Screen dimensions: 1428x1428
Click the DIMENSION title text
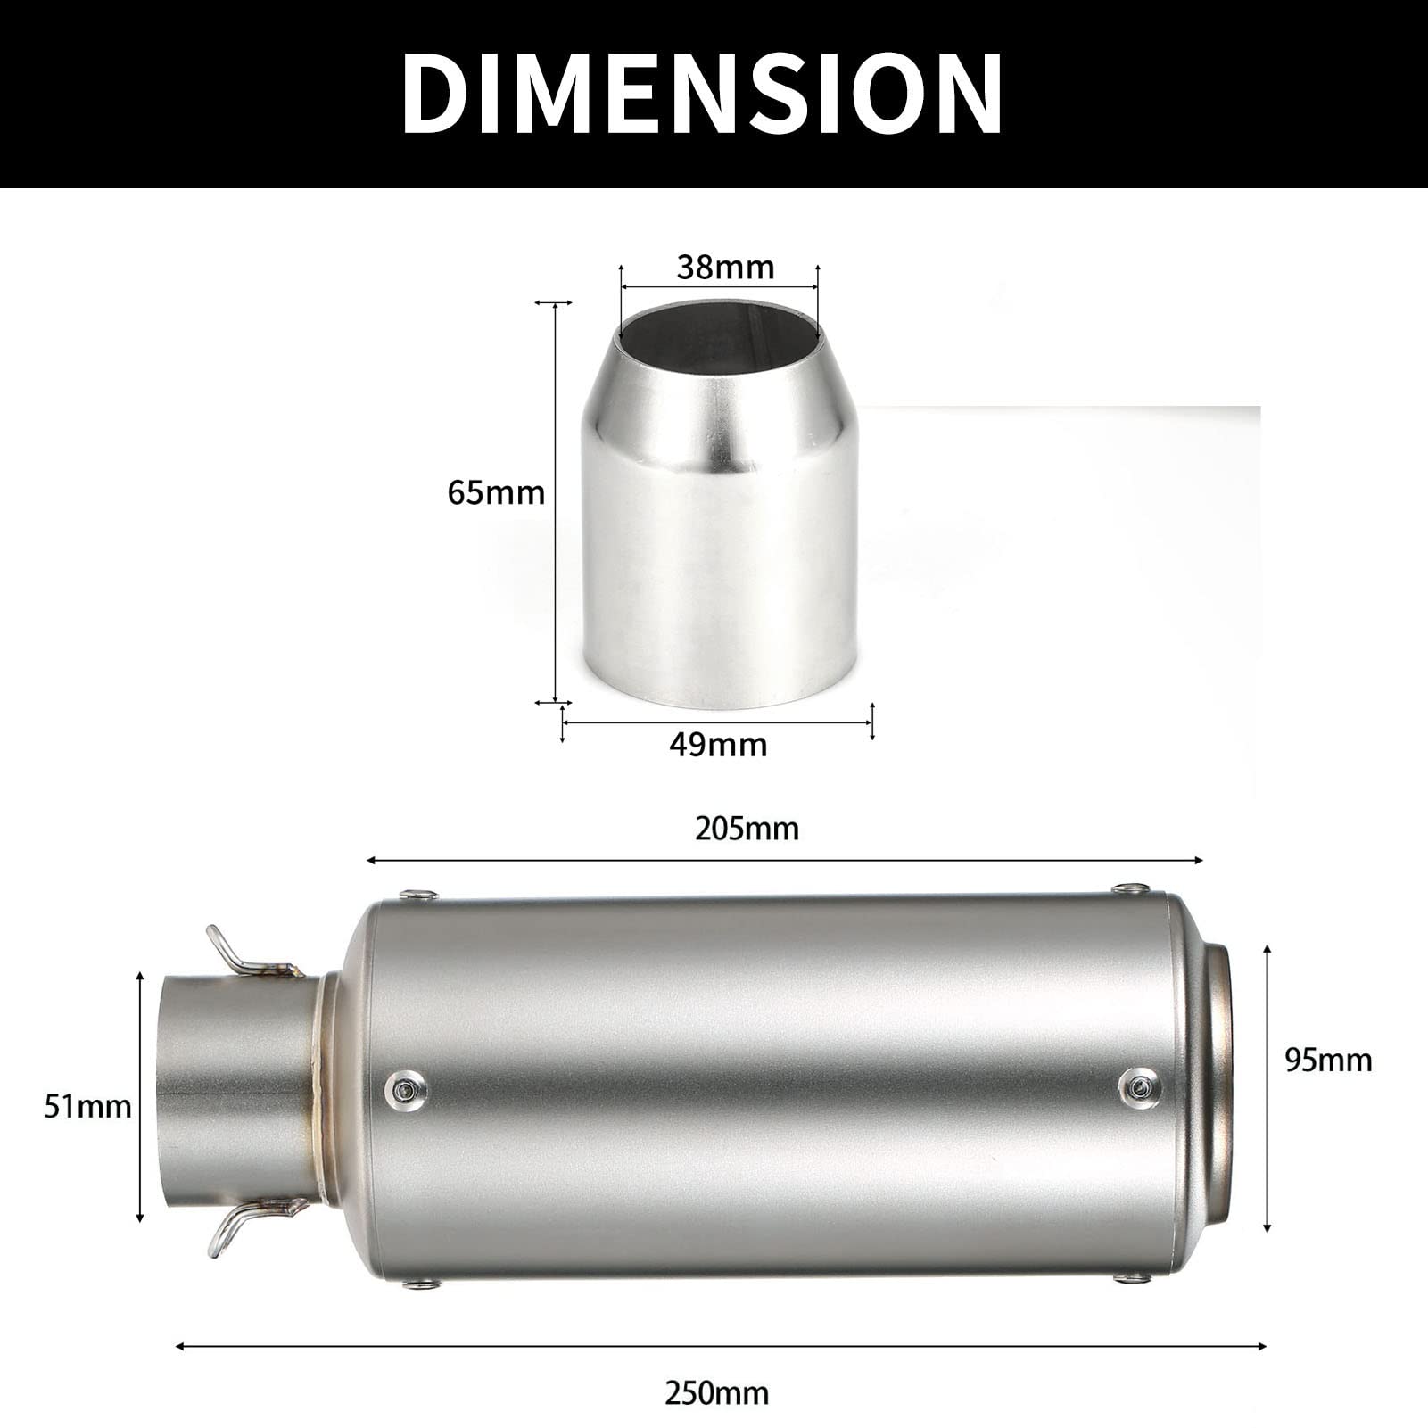tap(702, 93)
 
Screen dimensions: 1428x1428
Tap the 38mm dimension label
tap(725, 267)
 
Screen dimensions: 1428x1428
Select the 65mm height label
tap(496, 492)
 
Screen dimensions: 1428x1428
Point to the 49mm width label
tap(718, 744)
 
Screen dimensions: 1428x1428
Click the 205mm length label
tap(747, 829)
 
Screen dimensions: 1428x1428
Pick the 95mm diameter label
tap(1328, 1060)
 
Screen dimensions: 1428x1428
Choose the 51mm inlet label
tap(87, 1107)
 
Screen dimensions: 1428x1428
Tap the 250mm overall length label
tap(716, 1393)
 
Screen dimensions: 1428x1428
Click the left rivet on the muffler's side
tap(405, 1087)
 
